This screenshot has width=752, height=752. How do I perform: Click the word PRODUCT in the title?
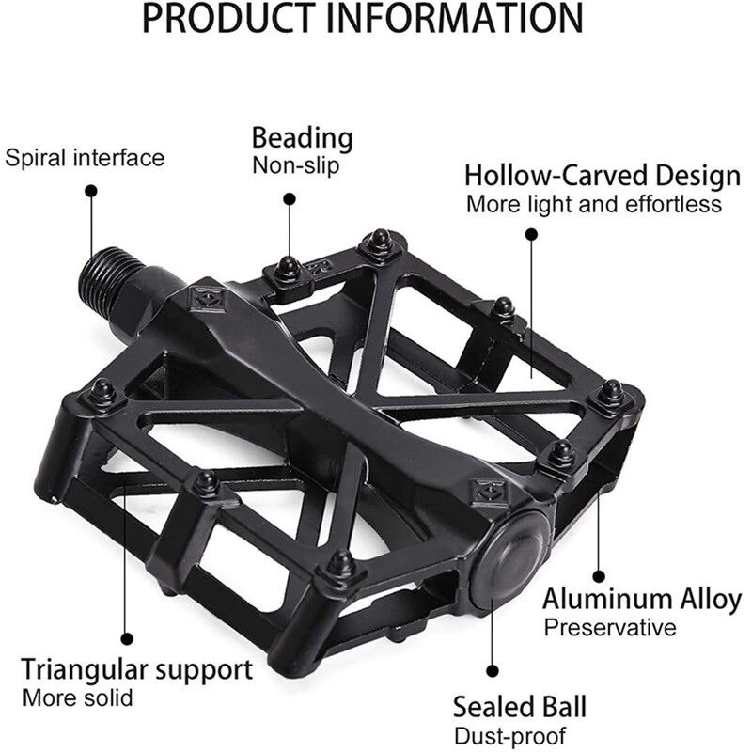[227, 18]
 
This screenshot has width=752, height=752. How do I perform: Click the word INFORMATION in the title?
[454, 18]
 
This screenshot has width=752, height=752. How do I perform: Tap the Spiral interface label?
[85, 158]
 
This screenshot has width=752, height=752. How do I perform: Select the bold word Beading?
[302, 138]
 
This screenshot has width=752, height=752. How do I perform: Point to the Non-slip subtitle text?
[296, 165]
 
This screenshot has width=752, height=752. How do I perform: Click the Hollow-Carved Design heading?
[603, 176]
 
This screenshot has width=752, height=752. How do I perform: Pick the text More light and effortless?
[594, 204]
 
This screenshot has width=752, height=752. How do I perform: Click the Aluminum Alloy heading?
[642, 600]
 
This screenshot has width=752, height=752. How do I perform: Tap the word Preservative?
[610, 627]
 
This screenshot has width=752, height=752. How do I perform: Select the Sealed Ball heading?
[520, 707]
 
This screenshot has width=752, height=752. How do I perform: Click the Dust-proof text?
[509, 736]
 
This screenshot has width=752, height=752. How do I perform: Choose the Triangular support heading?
[136, 670]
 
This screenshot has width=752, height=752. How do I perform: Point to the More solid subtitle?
[77, 697]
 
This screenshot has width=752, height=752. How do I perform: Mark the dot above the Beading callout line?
[289, 199]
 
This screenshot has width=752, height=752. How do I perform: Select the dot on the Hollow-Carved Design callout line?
[531, 234]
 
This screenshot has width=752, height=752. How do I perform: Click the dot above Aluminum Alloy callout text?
[598, 576]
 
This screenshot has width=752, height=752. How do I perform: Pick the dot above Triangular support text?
[127, 638]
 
